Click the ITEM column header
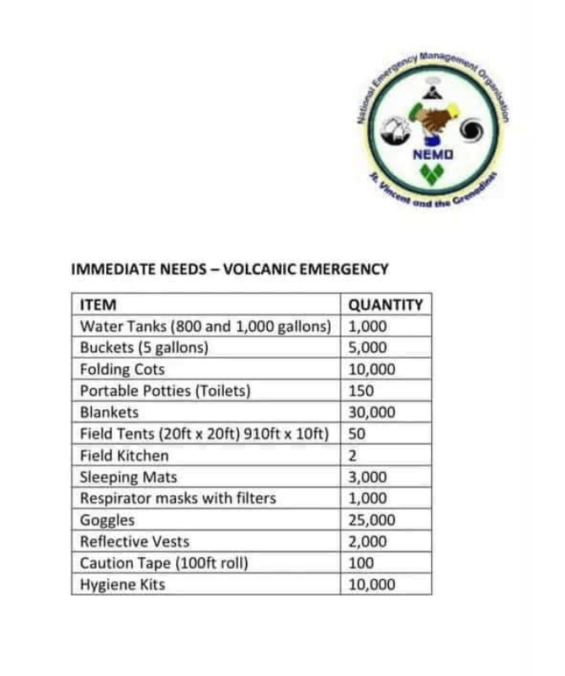pyautogui.click(x=98, y=304)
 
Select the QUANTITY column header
pyautogui.click(x=385, y=304)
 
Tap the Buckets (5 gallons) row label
pyautogui.click(x=143, y=348)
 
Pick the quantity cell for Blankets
pyautogui.click(x=371, y=413)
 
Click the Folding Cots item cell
pyautogui.click(x=122, y=369)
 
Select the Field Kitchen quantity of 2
pyautogui.click(x=354, y=455)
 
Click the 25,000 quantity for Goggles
pyautogui.click(x=371, y=520)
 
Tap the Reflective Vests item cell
pyautogui.click(x=135, y=541)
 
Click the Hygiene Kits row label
pyautogui.click(x=122, y=585)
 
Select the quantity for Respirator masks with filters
pyautogui.click(x=367, y=498)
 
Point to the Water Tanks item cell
pyautogui.click(x=205, y=326)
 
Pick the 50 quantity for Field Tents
pyautogui.click(x=357, y=434)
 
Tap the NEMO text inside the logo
pyautogui.click(x=434, y=156)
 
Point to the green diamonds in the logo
pyautogui.click(x=434, y=175)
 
